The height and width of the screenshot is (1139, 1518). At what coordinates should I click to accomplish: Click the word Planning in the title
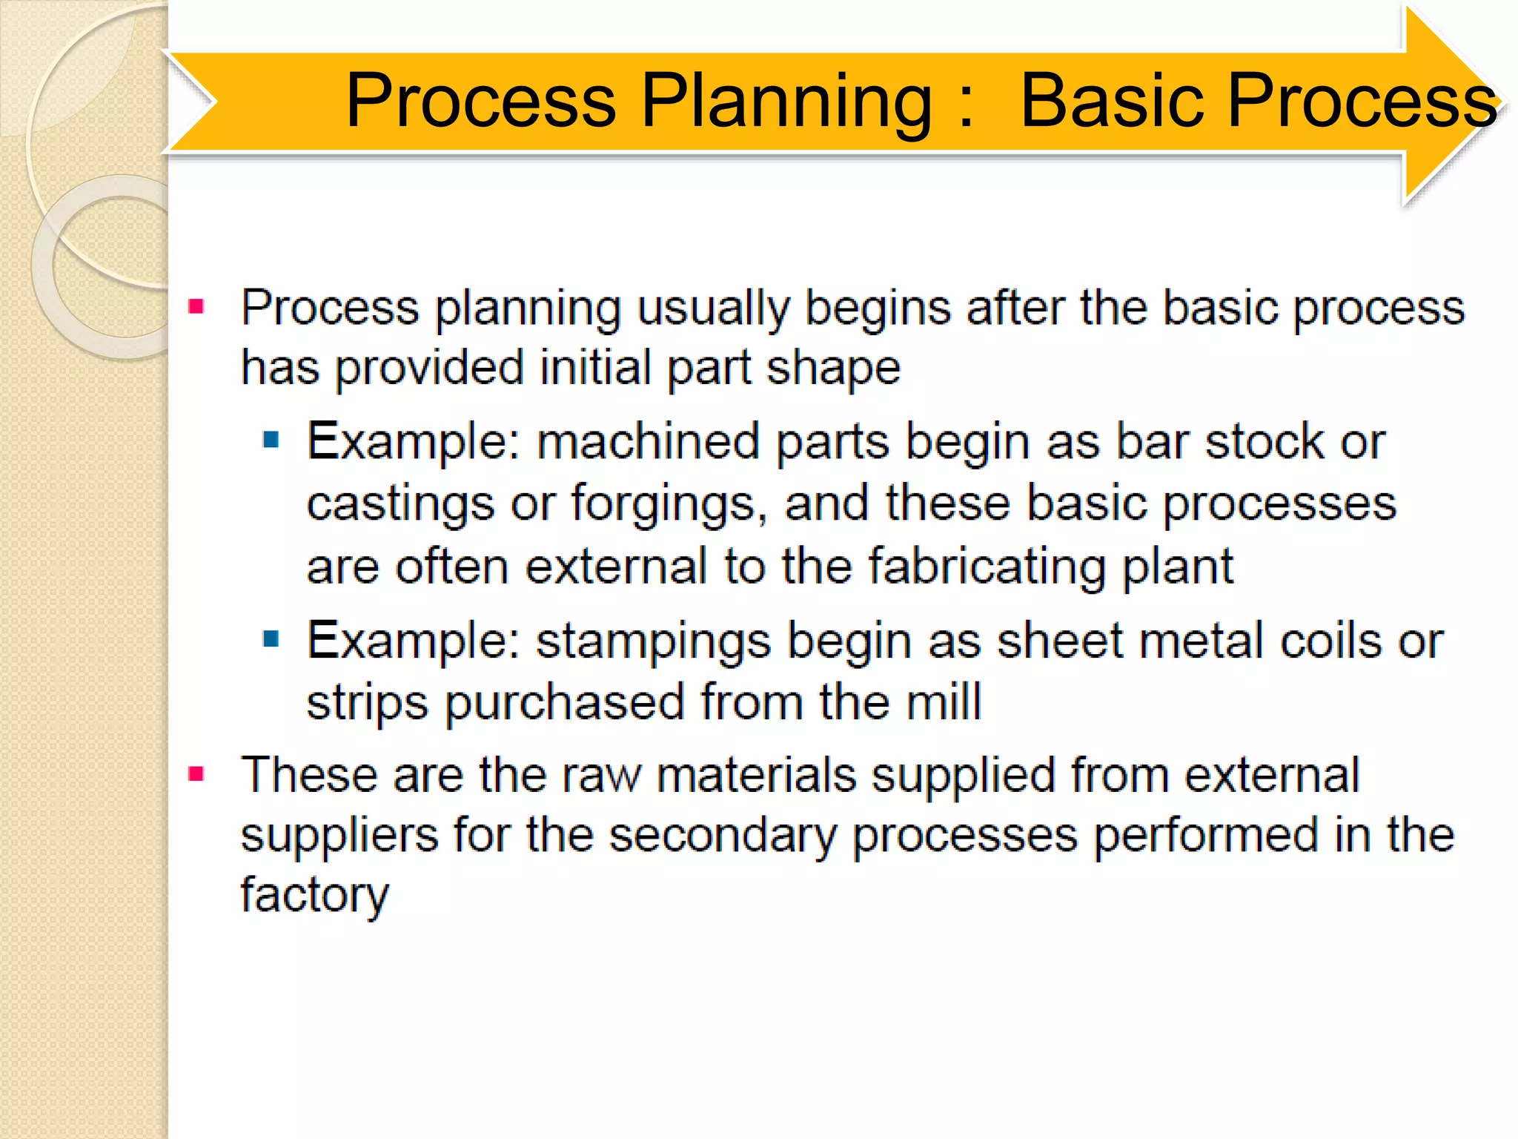pyautogui.click(x=786, y=102)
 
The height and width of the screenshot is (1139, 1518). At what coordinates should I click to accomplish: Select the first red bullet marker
pyautogui.click(x=196, y=306)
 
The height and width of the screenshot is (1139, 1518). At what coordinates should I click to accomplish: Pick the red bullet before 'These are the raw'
pyautogui.click(x=196, y=774)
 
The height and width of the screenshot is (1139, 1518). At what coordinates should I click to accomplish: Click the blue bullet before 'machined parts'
pyautogui.click(x=271, y=440)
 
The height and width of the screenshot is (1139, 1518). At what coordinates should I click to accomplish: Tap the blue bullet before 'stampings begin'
pyautogui.click(x=271, y=638)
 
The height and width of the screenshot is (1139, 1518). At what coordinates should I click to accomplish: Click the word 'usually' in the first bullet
pyautogui.click(x=712, y=308)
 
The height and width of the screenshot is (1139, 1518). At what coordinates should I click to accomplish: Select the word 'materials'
pyautogui.click(x=755, y=776)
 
